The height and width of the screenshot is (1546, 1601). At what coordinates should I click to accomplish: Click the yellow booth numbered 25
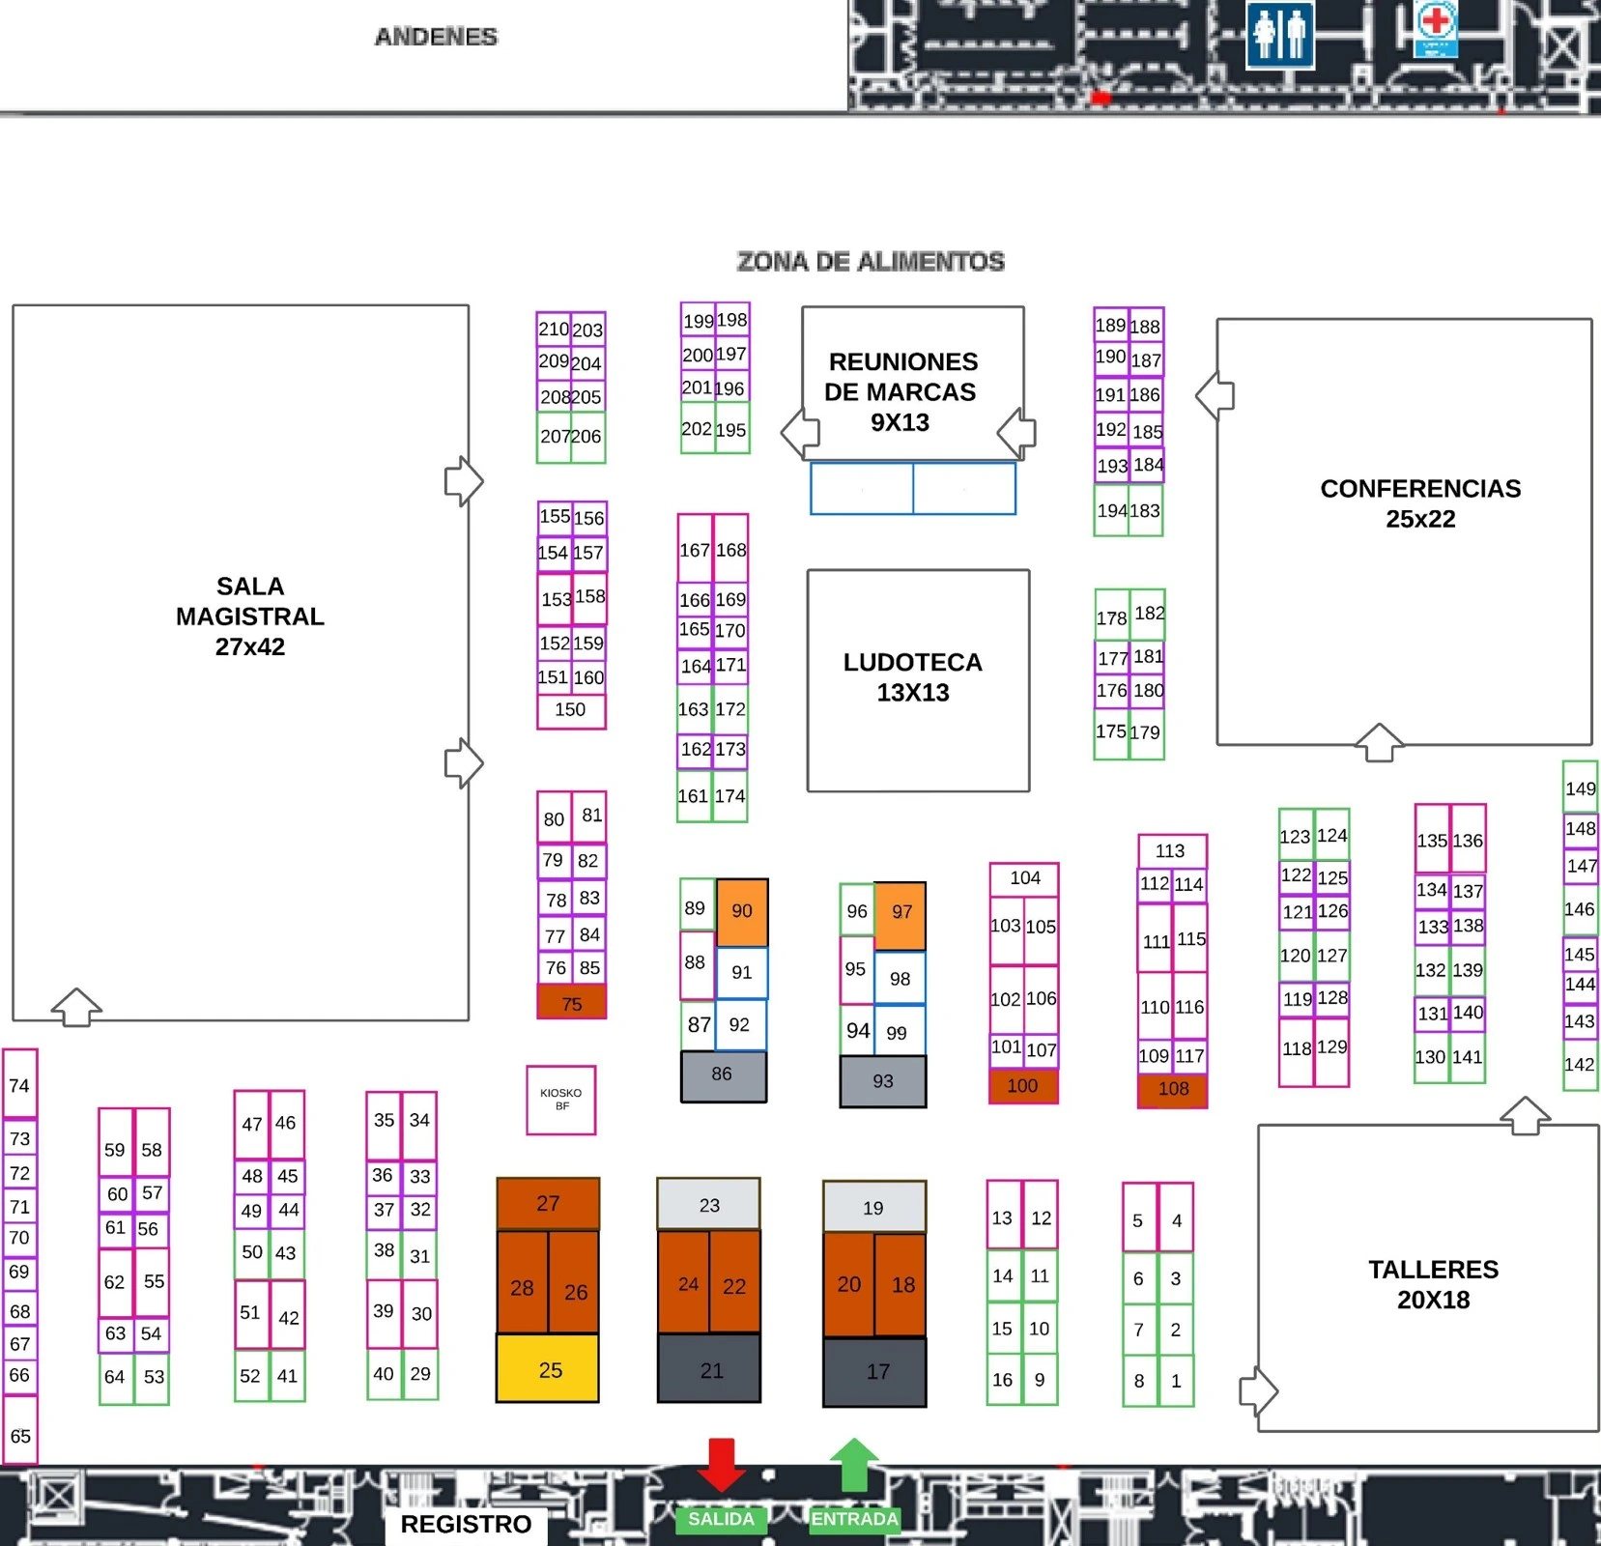coord(548,1368)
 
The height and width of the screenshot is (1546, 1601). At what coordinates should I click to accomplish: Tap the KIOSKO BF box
coord(560,1100)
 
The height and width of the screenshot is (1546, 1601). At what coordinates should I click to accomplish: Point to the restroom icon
coord(1279,34)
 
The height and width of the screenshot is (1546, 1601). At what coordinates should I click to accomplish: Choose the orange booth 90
coord(742,911)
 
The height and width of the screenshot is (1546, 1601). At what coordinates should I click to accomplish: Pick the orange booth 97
coord(901,915)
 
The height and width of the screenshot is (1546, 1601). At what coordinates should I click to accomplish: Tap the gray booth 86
coord(724,1076)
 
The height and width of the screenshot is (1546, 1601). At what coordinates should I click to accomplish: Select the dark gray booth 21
coord(709,1368)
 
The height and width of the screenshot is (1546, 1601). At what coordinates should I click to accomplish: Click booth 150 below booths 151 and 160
coord(571,710)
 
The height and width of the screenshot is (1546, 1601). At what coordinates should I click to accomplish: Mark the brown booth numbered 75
coord(571,1002)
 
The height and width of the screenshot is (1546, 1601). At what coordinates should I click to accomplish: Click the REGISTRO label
coord(466,1524)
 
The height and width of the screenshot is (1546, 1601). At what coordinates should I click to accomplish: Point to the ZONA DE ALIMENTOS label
coord(871,262)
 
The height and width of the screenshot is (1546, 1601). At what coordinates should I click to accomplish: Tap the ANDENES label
coord(436,37)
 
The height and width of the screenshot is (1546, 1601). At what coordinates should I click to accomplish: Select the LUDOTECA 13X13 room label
coord(913,677)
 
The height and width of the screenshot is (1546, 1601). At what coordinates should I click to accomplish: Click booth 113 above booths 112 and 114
coord(1172,851)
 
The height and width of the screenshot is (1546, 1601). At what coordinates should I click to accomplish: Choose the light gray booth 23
coord(708,1204)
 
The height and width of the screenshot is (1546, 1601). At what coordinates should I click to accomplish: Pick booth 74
coord(20,1084)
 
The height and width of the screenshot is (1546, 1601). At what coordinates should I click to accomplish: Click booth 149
coord(1581,787)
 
